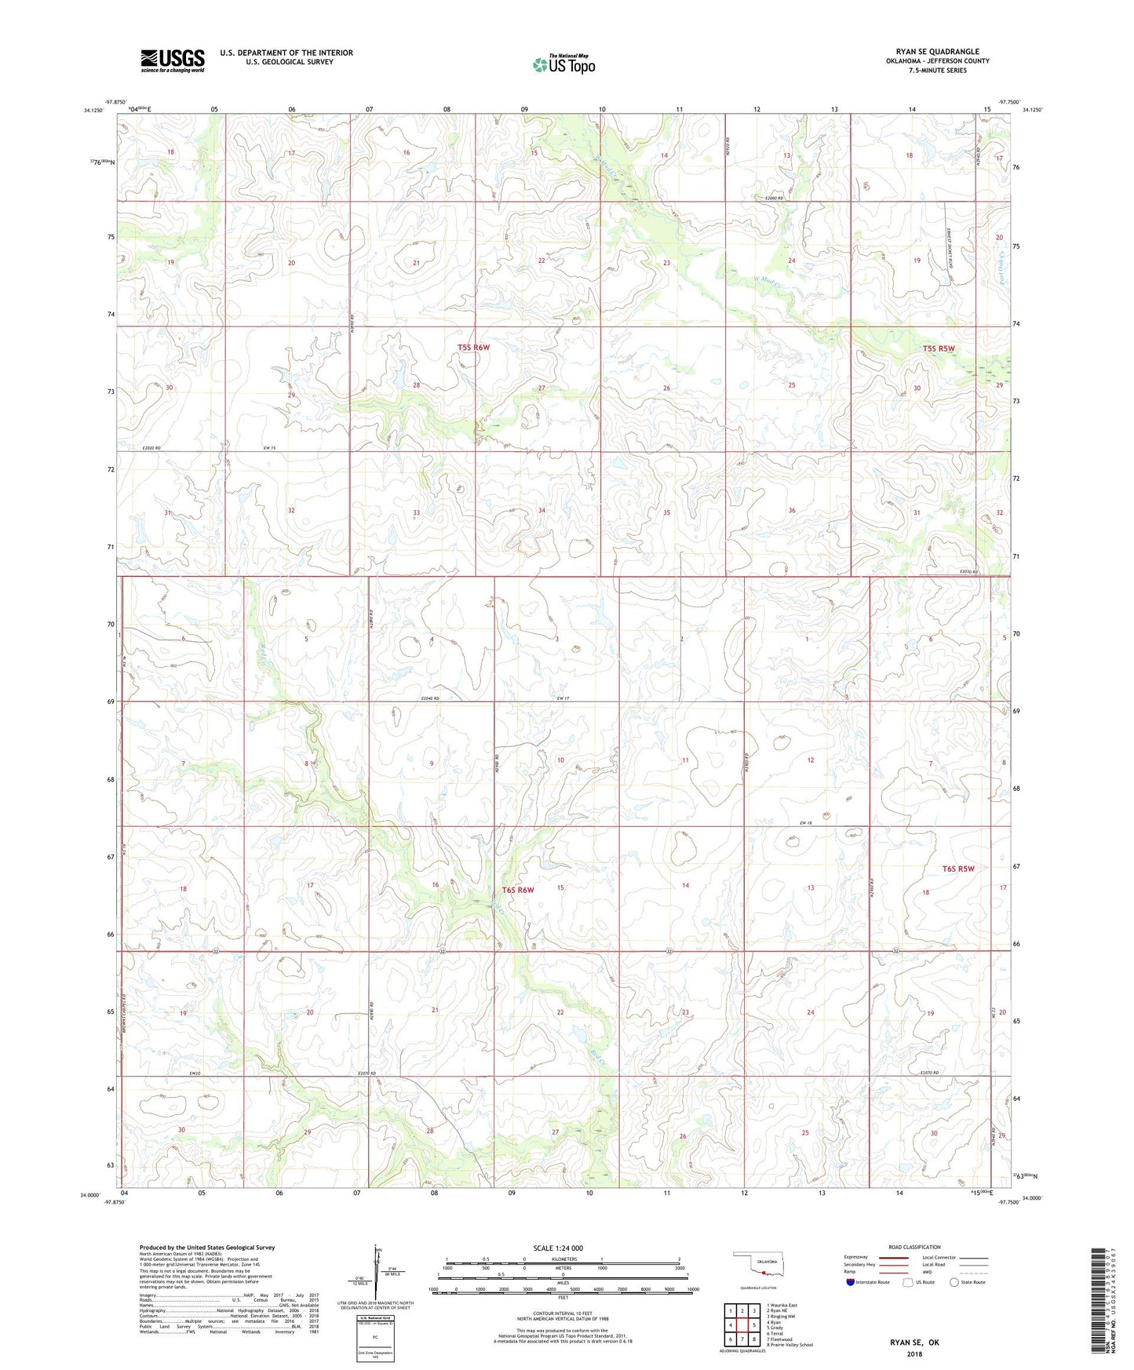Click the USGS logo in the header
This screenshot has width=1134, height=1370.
pyautogui.click(x=173, y=60)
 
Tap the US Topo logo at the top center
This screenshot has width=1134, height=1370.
pyautogui.click(x=563, y=64)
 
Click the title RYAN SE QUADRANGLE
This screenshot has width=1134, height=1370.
pyautogui.click(x=937, y=52)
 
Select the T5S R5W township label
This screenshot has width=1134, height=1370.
pyautogui.click(x=939, y=348)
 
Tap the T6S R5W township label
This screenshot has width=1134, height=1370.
pyautogui.click(x=957, y=869)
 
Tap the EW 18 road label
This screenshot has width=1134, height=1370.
pyautogui.click(x=804, y=822)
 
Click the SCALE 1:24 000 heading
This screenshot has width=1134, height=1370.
pyautogui.click(x=558, y=1248)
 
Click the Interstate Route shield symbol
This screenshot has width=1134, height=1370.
pyautogui.click(x=851, y=1282)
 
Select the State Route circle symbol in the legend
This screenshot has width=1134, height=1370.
pyautogui.click(x=954, y=1282)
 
